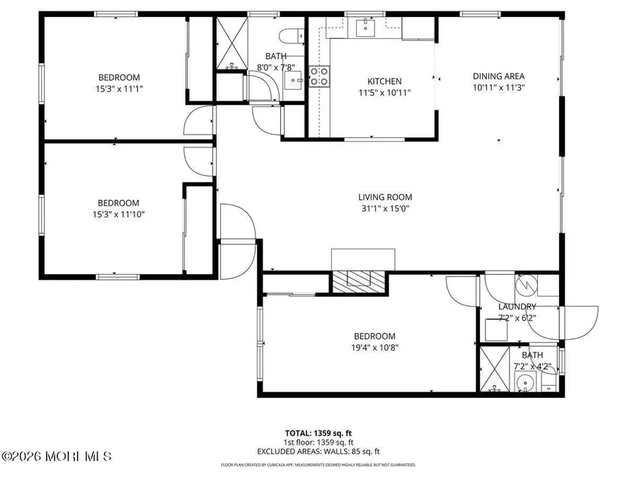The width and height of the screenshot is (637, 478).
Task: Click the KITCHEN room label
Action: click(384, 81)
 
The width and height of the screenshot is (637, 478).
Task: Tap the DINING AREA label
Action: click(498, 76)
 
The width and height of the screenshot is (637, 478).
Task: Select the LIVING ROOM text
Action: click(384, 198)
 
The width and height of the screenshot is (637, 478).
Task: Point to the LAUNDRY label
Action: click(517, 307)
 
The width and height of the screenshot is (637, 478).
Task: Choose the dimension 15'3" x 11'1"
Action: click(118, 89)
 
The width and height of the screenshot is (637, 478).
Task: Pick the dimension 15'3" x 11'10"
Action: click(118, 213)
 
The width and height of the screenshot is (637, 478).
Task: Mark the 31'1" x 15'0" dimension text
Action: click(384, 208)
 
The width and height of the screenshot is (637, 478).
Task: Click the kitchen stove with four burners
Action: click(319, 76)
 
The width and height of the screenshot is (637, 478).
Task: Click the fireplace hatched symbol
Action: click(360, 280)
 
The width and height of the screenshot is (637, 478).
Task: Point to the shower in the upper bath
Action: click(231, 42)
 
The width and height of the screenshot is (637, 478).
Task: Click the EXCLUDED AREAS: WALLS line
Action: click(318, 450)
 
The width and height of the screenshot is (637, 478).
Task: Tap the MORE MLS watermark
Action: click(57, 457)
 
